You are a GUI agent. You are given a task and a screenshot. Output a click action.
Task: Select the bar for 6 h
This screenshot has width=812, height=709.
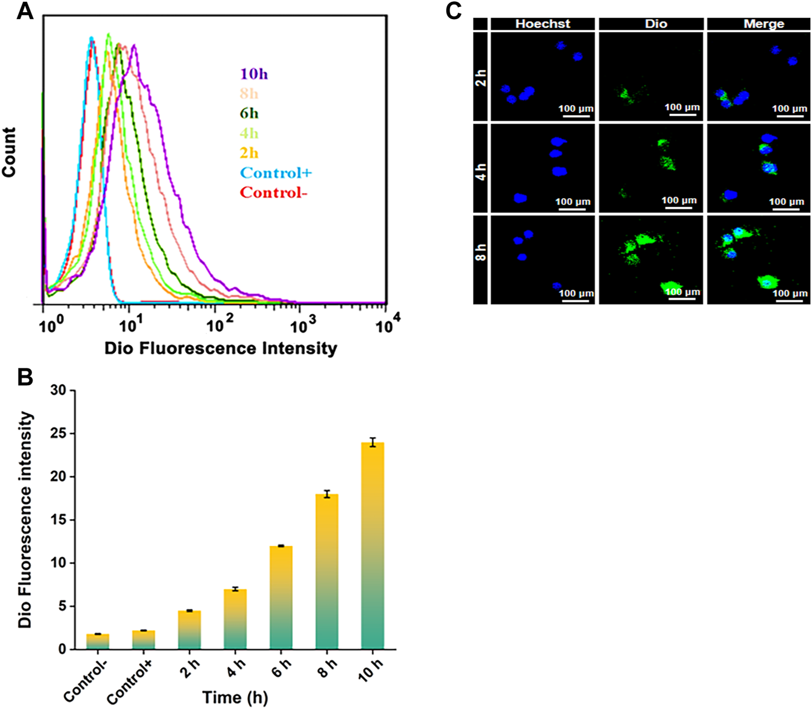[281, 597]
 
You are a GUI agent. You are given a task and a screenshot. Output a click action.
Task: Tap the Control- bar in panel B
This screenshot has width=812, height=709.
[98, 641]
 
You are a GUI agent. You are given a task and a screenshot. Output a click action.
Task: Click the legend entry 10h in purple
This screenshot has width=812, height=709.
[254, 74]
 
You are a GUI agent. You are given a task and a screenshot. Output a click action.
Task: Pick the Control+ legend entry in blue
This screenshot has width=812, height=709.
[276, 173]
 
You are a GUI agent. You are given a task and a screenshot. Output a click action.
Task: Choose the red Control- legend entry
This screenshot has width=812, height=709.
[274, 193]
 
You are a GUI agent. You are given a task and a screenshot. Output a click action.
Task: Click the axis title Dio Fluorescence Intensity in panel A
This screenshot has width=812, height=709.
[221, 349]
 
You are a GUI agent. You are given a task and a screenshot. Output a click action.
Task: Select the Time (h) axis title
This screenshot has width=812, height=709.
[235, 697]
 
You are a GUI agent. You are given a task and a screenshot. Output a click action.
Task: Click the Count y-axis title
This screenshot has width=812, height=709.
[9, 152]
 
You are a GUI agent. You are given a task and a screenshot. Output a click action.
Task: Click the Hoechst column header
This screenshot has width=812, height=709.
[542, 24]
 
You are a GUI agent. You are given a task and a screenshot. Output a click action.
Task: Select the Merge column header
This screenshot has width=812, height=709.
[764, 24]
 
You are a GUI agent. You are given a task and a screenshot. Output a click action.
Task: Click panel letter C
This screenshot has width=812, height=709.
[454, 11]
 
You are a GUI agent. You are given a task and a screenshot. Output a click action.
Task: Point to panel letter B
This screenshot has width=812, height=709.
[25, 378]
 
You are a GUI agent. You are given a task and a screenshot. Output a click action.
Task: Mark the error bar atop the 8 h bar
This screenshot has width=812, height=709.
[327, 494]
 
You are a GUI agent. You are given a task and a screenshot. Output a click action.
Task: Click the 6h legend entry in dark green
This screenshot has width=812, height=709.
[249, 114]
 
